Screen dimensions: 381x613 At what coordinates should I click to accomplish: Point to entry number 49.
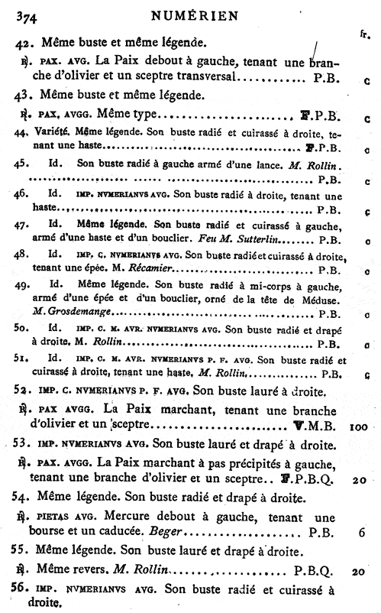coord(22,284)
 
